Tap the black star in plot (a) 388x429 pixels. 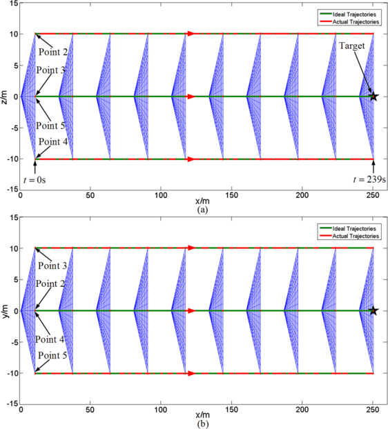(x=374, y=97)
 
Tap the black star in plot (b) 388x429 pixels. (x=374, y=311)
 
